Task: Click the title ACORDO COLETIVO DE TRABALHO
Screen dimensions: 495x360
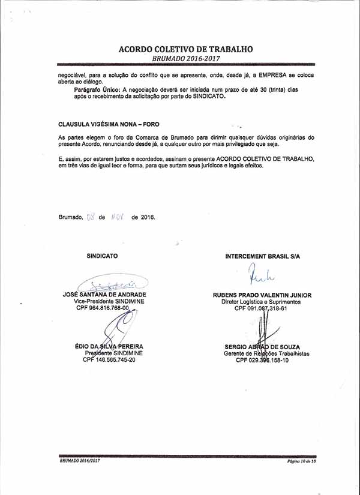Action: (x=185, y=49)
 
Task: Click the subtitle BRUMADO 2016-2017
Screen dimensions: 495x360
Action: (x=186, y=59)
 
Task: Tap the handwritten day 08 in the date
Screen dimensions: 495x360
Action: (x=91, y=217)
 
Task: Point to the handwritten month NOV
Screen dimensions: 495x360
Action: (x=117, y=217)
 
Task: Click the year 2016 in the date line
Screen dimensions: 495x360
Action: (x=143, y=217)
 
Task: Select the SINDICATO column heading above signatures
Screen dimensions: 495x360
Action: (x=102, y=256)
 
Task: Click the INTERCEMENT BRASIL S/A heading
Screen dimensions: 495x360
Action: (x=262, y=256)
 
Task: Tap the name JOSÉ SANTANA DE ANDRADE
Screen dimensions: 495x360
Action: (x=104, y=295)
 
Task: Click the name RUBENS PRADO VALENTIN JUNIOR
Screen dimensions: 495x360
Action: (x=262, y=295)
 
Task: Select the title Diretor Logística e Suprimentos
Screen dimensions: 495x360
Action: (x=262, y=302)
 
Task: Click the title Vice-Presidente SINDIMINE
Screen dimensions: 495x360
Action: (x=104, y=301)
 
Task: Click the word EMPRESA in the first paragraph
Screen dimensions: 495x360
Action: (x=271, y=75)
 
